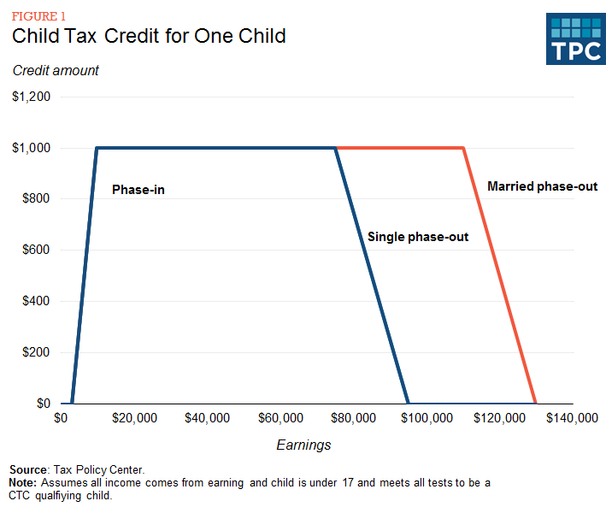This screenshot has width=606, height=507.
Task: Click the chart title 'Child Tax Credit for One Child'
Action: coord(149,37)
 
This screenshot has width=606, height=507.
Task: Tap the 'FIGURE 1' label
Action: coord(38,15)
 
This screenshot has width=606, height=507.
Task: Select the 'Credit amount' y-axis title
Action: coord(56,71)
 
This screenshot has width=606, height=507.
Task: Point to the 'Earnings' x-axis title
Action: coord(303,445)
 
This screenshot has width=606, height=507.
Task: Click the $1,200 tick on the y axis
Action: coord(32,97)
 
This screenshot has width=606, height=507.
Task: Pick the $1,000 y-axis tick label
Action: coord(32,148)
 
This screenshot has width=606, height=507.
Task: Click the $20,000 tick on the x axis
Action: coord(133,418)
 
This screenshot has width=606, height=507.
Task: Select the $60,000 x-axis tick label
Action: coord(279,418)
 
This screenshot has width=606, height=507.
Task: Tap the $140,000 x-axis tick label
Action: coord(571,418)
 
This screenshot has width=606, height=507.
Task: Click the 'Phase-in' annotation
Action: coord(138,190)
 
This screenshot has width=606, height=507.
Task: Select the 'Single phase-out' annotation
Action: coord(418,237)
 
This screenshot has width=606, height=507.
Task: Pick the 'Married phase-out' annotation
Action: coord(542,186)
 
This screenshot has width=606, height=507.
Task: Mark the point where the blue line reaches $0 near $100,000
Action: coord(409,403)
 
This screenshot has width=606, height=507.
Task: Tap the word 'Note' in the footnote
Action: coord(24,483)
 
